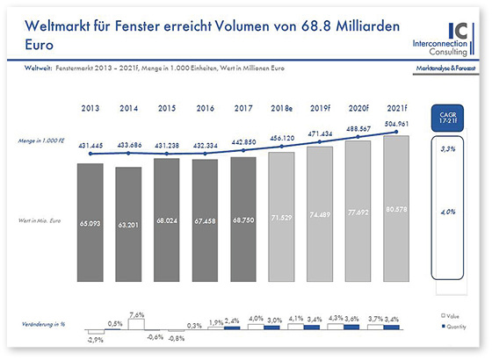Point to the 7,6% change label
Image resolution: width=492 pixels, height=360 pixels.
point(135,313)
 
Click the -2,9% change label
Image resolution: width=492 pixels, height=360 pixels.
point(95,339)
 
